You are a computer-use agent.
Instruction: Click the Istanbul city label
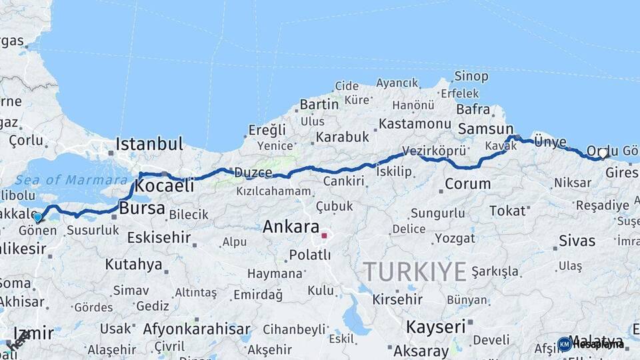point(149,144)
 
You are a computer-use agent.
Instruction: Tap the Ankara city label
point(291,227)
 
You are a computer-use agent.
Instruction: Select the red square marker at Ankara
point(324,235)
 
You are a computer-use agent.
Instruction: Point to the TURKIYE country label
point(415,272)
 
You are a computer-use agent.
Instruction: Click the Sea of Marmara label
point(71,180)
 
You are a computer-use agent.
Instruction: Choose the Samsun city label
point(485,129)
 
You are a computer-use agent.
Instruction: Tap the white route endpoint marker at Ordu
point(603,153)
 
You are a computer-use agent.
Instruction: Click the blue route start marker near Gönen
point(37,217)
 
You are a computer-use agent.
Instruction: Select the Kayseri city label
point(435,327)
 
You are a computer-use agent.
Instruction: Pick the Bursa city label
point(142,209)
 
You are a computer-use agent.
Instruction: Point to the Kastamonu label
point(415,124)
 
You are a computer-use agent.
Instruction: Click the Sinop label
point(471,77)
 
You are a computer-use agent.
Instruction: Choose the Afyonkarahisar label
point(197,329)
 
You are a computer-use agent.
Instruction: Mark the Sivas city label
point(577,241)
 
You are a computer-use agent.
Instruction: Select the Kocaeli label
point(164,186)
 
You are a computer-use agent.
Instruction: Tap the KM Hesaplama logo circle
point(565,344)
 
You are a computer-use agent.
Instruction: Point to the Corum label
point(467,184)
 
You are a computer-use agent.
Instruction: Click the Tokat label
point(507,211)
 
